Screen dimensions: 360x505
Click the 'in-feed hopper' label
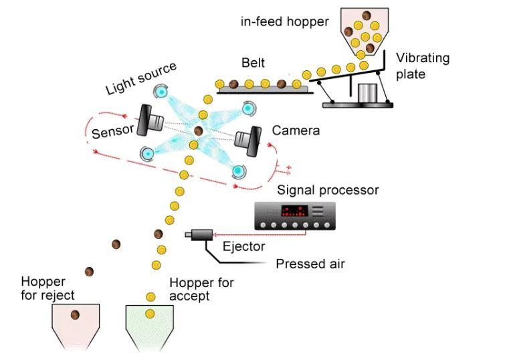pyautogui.click(x=285, y=22)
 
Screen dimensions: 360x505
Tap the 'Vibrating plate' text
pyautogui.click(x=422, y=65)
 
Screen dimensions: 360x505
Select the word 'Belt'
pyautogui.click(x=253, y=64)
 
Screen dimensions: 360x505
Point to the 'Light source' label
pyautogui.click(x=141, y=78)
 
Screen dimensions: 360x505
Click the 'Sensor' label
pyautogui.click(x=113, y=132)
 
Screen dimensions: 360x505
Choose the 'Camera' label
pyautogui.click(x=295, y=130)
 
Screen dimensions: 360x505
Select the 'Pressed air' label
pyautogui.click(x=310, y=264)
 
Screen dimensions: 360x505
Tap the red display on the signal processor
pyautogui.click(x=294, y=211)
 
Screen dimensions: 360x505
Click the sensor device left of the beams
pyautogui.click(x=151, y=119)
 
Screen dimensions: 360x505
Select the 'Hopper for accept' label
pyautogui.click(x=201, y=288)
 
